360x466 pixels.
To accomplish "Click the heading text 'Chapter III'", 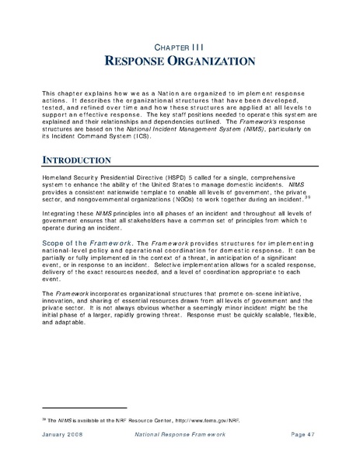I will pos(180,46).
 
